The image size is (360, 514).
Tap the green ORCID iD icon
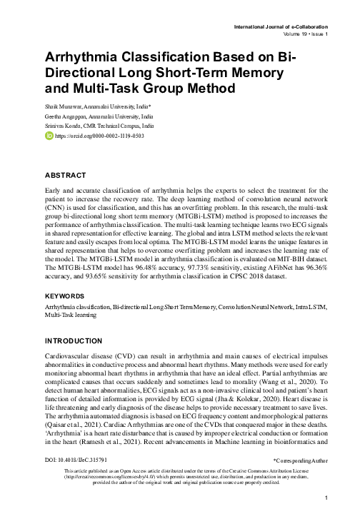click(x=50, y=134)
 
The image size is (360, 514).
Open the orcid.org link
click(x=89, y=135)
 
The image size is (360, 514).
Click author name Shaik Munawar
click(x=69, y=105)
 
